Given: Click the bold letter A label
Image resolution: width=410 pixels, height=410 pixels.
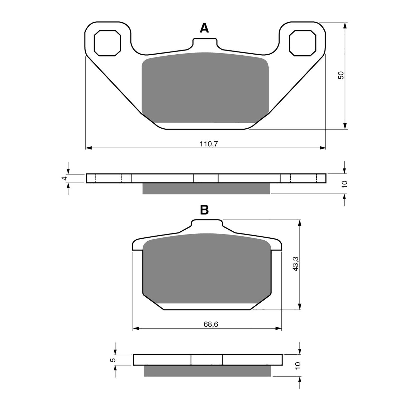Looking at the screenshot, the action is [x=204, y=28].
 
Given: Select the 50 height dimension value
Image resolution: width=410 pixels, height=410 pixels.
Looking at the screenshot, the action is [x=341, y=75].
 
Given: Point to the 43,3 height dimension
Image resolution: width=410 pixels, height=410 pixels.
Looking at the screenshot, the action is [x=296, y=264].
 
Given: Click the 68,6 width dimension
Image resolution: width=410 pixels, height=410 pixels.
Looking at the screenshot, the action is [x=211, y=324].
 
